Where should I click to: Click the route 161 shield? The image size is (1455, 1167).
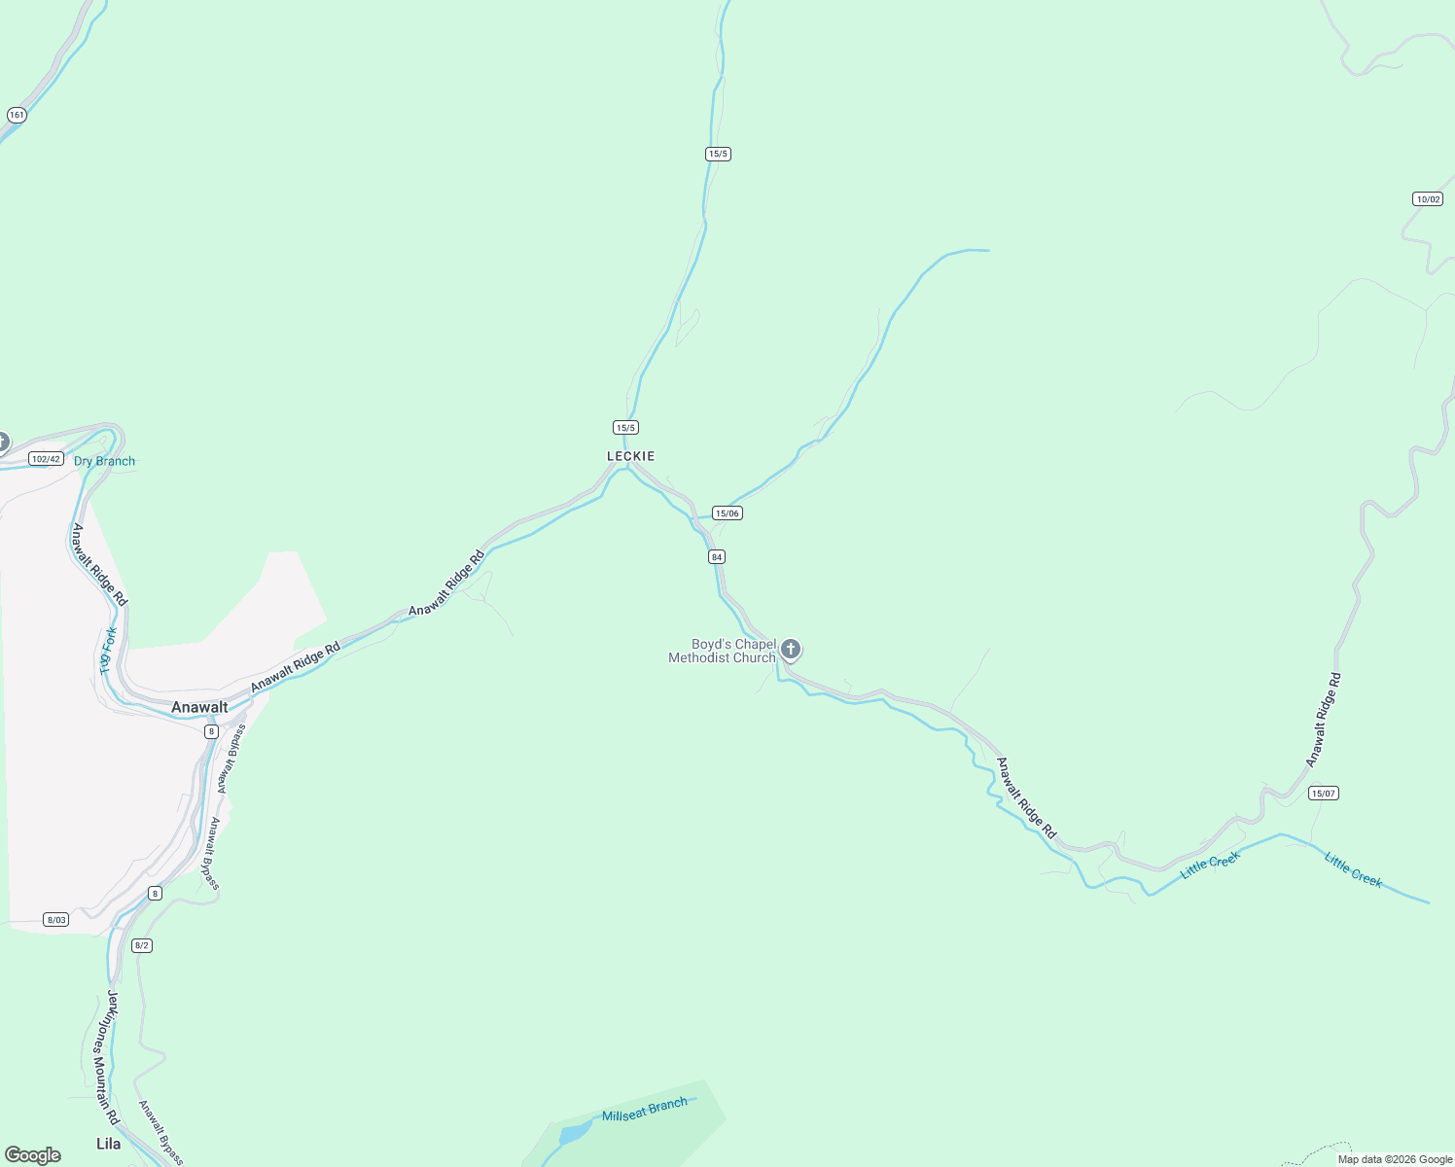(16, 115)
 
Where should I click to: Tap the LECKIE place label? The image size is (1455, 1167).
(631, 456)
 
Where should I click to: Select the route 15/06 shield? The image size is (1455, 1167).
(727, 513)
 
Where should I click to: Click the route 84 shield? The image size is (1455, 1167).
(717, 557)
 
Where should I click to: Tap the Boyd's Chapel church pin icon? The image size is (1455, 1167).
(791, 650)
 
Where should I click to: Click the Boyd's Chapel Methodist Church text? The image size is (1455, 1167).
(723, 652)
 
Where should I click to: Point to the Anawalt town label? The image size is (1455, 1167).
(199, 707)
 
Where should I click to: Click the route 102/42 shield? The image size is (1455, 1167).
(46, 459)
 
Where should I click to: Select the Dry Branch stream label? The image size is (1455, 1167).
(105, 461)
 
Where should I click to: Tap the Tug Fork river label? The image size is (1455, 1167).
(109, 651)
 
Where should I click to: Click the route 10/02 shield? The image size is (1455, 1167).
(1428, 199)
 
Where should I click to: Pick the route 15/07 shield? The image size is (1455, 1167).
(1324, 794)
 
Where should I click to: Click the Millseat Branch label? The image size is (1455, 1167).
(644, 1110)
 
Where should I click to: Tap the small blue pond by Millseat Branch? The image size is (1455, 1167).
(575, 1132)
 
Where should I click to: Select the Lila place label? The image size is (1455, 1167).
(109, 1144)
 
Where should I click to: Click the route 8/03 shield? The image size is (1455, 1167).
(56, 920)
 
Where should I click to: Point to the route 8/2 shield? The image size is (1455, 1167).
(142, 945)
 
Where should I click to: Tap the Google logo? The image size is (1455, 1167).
(33, 1155)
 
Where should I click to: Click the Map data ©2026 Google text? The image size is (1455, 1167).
(1395, 1159)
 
